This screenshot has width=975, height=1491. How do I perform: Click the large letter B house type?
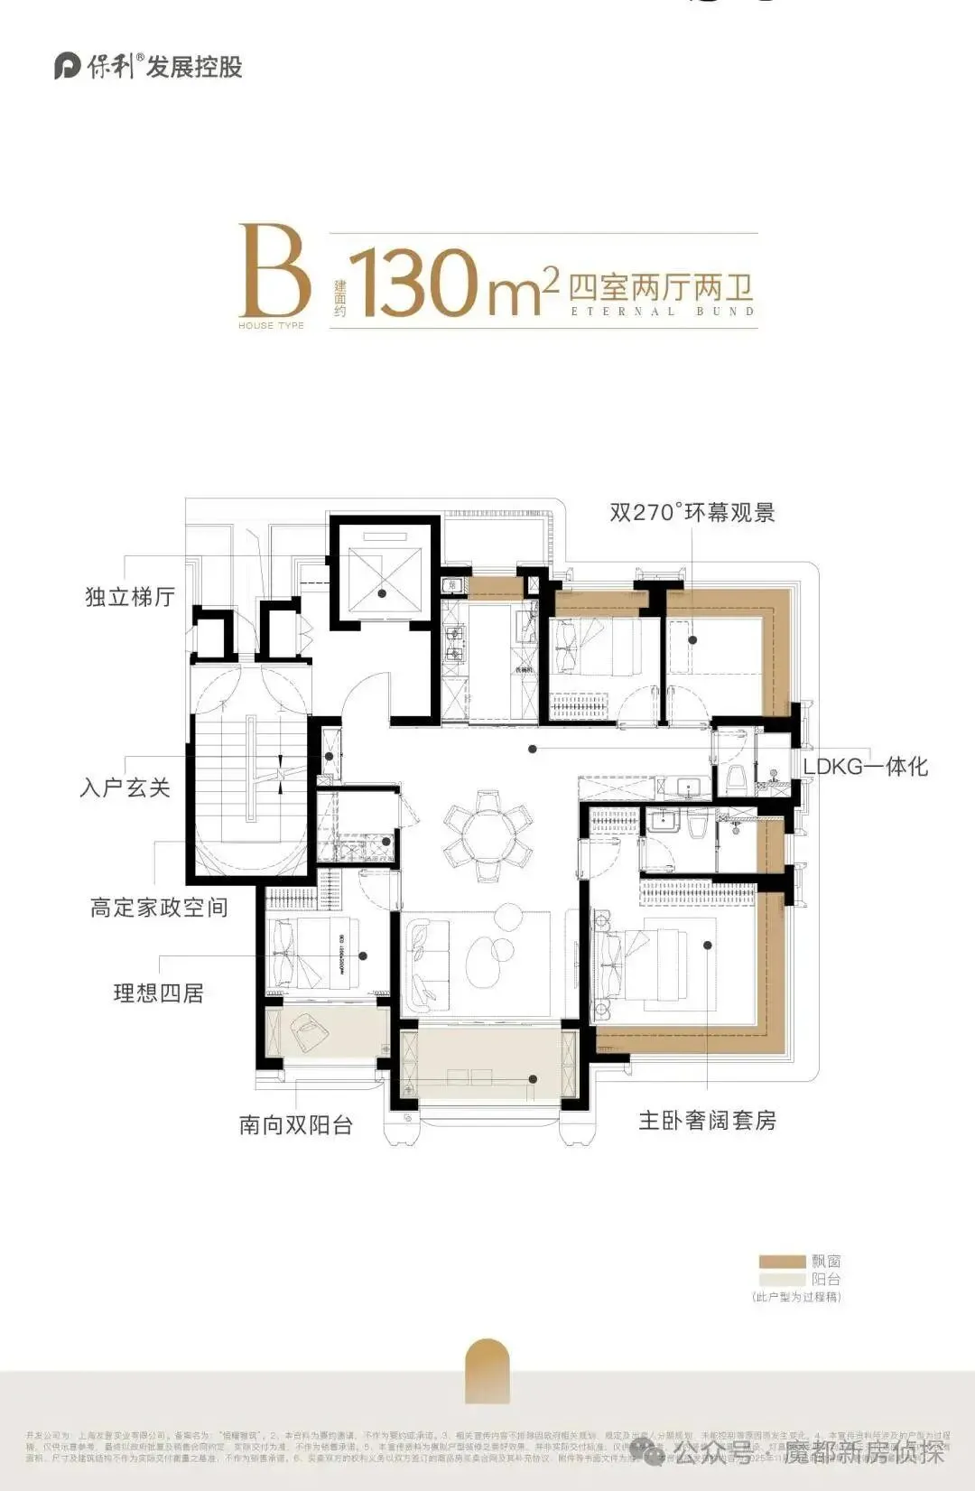(274, 271)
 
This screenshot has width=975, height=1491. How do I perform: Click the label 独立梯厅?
(130, 597)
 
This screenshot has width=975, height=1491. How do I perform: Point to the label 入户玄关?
(125, 787)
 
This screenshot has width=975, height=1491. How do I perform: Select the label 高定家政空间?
(159, 908)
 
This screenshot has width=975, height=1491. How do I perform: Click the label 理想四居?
(158, 993)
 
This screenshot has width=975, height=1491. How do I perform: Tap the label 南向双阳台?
(295, 1125)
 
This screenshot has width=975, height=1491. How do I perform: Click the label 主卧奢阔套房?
(707, 1121)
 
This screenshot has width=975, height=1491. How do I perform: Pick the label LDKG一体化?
(865, 767)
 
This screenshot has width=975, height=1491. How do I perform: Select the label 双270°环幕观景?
(692, 513)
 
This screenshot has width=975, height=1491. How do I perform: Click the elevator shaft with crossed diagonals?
(383, 573)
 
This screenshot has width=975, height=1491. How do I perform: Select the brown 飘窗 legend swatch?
(782, 1262)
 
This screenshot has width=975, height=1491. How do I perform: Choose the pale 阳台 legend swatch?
(782, 1279)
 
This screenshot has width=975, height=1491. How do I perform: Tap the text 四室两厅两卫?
(661, 287)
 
